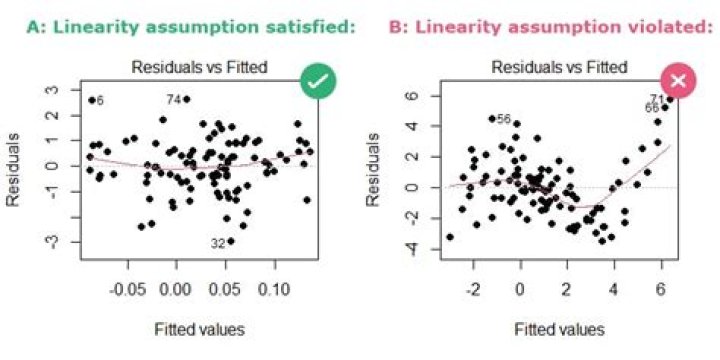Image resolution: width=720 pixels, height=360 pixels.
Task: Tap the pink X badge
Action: [677, 79]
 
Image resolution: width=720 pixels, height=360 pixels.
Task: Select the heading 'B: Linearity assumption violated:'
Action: [546, 27]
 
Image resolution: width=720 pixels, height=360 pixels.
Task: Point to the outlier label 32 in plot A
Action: [217, 244]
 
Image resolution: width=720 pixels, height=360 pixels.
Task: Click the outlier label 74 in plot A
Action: [172, 100]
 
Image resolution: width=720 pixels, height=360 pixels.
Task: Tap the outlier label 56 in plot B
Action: [504, 119]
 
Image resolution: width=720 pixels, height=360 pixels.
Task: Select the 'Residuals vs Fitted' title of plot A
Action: [197, 68]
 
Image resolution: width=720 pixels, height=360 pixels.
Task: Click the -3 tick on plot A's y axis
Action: [52, 241]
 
